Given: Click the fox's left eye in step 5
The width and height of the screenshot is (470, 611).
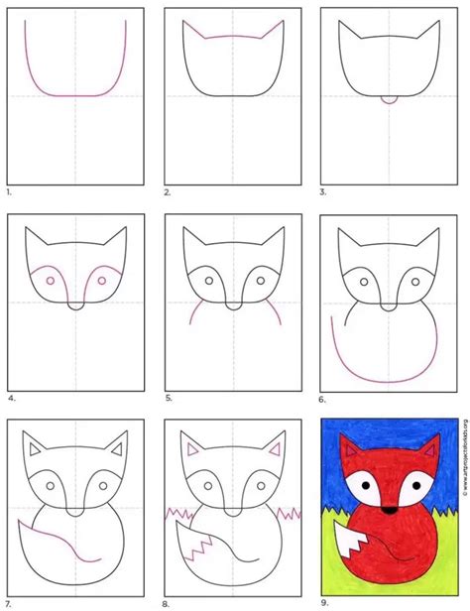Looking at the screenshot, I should [x=209, y=281].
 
